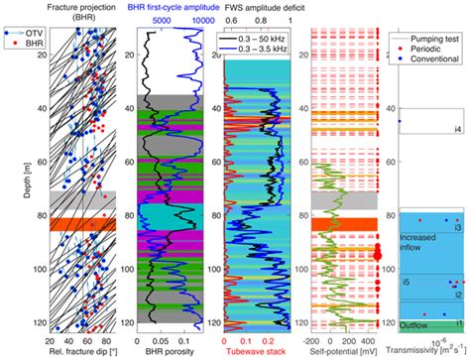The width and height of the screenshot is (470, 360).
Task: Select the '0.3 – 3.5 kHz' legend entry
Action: click(266, 47)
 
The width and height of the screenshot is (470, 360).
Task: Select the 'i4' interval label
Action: click(457, 130)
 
